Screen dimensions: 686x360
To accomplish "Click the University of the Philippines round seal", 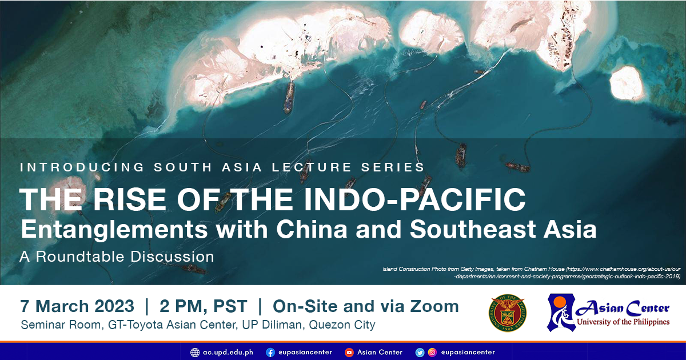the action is pos(507,313).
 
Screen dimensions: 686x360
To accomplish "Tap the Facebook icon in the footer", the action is pos(270,353).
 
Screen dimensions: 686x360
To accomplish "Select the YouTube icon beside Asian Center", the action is pos(349,353).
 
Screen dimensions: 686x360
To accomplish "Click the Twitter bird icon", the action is pos(420,353).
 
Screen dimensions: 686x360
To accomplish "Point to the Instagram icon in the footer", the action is pos(432,353).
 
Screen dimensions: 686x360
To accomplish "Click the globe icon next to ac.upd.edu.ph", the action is pos(195,353).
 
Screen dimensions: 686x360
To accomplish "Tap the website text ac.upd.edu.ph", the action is pos(228,353).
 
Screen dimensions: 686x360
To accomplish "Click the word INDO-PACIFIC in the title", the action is pos(414,199).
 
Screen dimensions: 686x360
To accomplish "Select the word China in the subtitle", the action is pos(312,229).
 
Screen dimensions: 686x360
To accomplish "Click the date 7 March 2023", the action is pos(77,306).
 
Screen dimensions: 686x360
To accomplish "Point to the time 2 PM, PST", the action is pos(203,306).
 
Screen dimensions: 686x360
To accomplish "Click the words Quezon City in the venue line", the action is pos(342,325).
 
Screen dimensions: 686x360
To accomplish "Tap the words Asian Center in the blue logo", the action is pos(623,309).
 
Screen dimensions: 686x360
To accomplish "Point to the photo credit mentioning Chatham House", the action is pos(531,273).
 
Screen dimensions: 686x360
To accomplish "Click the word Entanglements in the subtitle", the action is pos(114,230).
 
